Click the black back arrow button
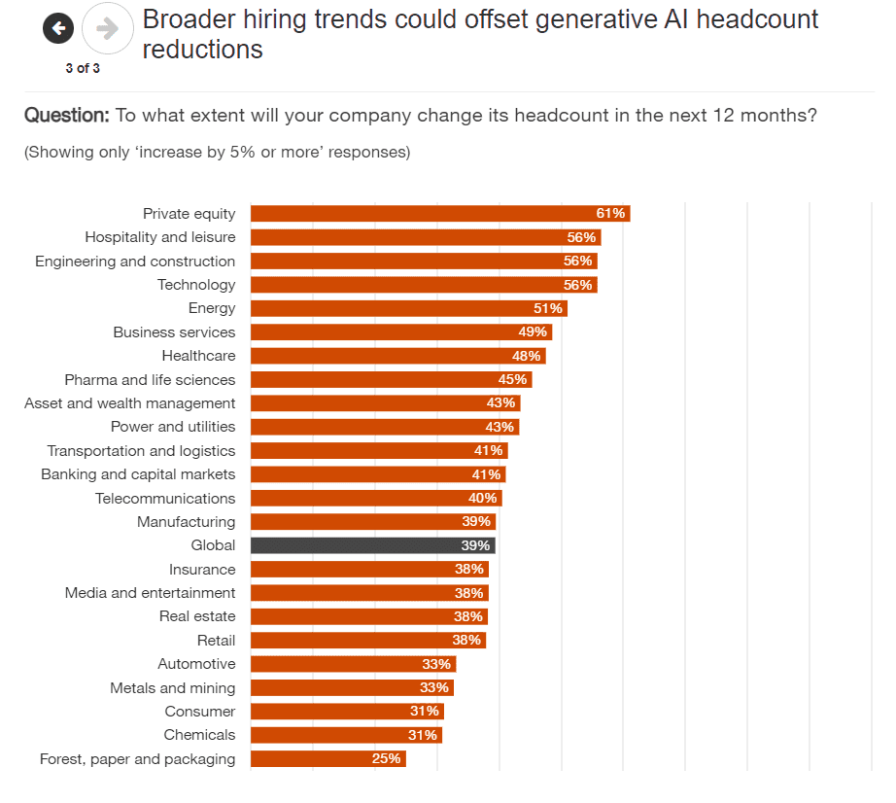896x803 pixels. click(x=58, y=28)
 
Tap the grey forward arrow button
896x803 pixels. click(x=107, y=28)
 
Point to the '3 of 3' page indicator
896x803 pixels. click(x=83, y=68)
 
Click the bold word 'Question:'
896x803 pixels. click(x=67, y=116)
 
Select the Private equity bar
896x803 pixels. click(x=439, y=214)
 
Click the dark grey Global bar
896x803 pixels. click(x=372, y=546)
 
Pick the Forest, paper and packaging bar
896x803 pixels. click(x=327, y=759)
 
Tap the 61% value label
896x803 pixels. click(x=610, y=214)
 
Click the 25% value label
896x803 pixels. click(x=387, y=759)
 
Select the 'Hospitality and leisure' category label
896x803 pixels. click(x=160, y=237)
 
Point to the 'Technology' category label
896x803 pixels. click(x=196, y=285)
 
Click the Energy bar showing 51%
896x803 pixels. click(x=408, y=308)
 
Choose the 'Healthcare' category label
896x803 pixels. click(x=198, y=356)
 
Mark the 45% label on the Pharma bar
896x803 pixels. click(x=512, y=380)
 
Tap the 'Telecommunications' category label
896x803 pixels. click(x=165, y=499)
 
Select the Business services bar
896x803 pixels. click(x=400, y=332)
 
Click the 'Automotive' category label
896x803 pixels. click(x=196, y=664)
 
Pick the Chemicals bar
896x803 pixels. click(x=346, y=735)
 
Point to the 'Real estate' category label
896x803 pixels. click(x=197, y=616)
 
